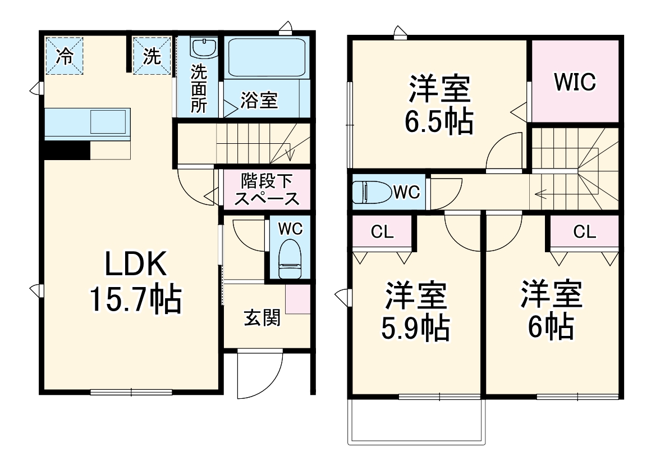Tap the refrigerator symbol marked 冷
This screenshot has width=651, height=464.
click(65, 56)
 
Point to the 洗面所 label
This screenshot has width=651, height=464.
click(199, 89)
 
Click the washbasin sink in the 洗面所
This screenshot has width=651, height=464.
click(203, 47)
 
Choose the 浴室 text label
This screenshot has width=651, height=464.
click(259, 101)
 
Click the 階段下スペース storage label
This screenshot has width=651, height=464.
click(267, 189)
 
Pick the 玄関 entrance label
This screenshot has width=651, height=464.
click(261, 318)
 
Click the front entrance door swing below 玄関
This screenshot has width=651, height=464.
click(258, 374)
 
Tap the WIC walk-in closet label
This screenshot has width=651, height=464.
click(575, 82)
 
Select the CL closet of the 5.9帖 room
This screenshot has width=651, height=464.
click(383, 231)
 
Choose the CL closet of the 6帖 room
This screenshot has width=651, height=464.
click(584, 231)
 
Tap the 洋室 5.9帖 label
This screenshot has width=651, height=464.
click(416, 312)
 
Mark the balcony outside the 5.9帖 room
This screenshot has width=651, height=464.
click(416, 421)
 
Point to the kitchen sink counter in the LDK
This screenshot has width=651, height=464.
click(87, 123)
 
